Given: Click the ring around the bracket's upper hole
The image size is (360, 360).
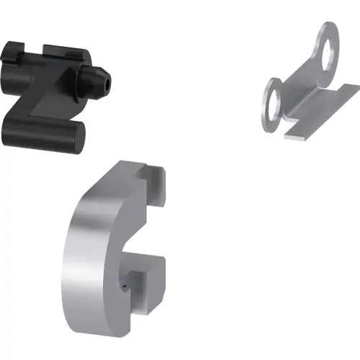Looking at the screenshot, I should coord(321,50).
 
